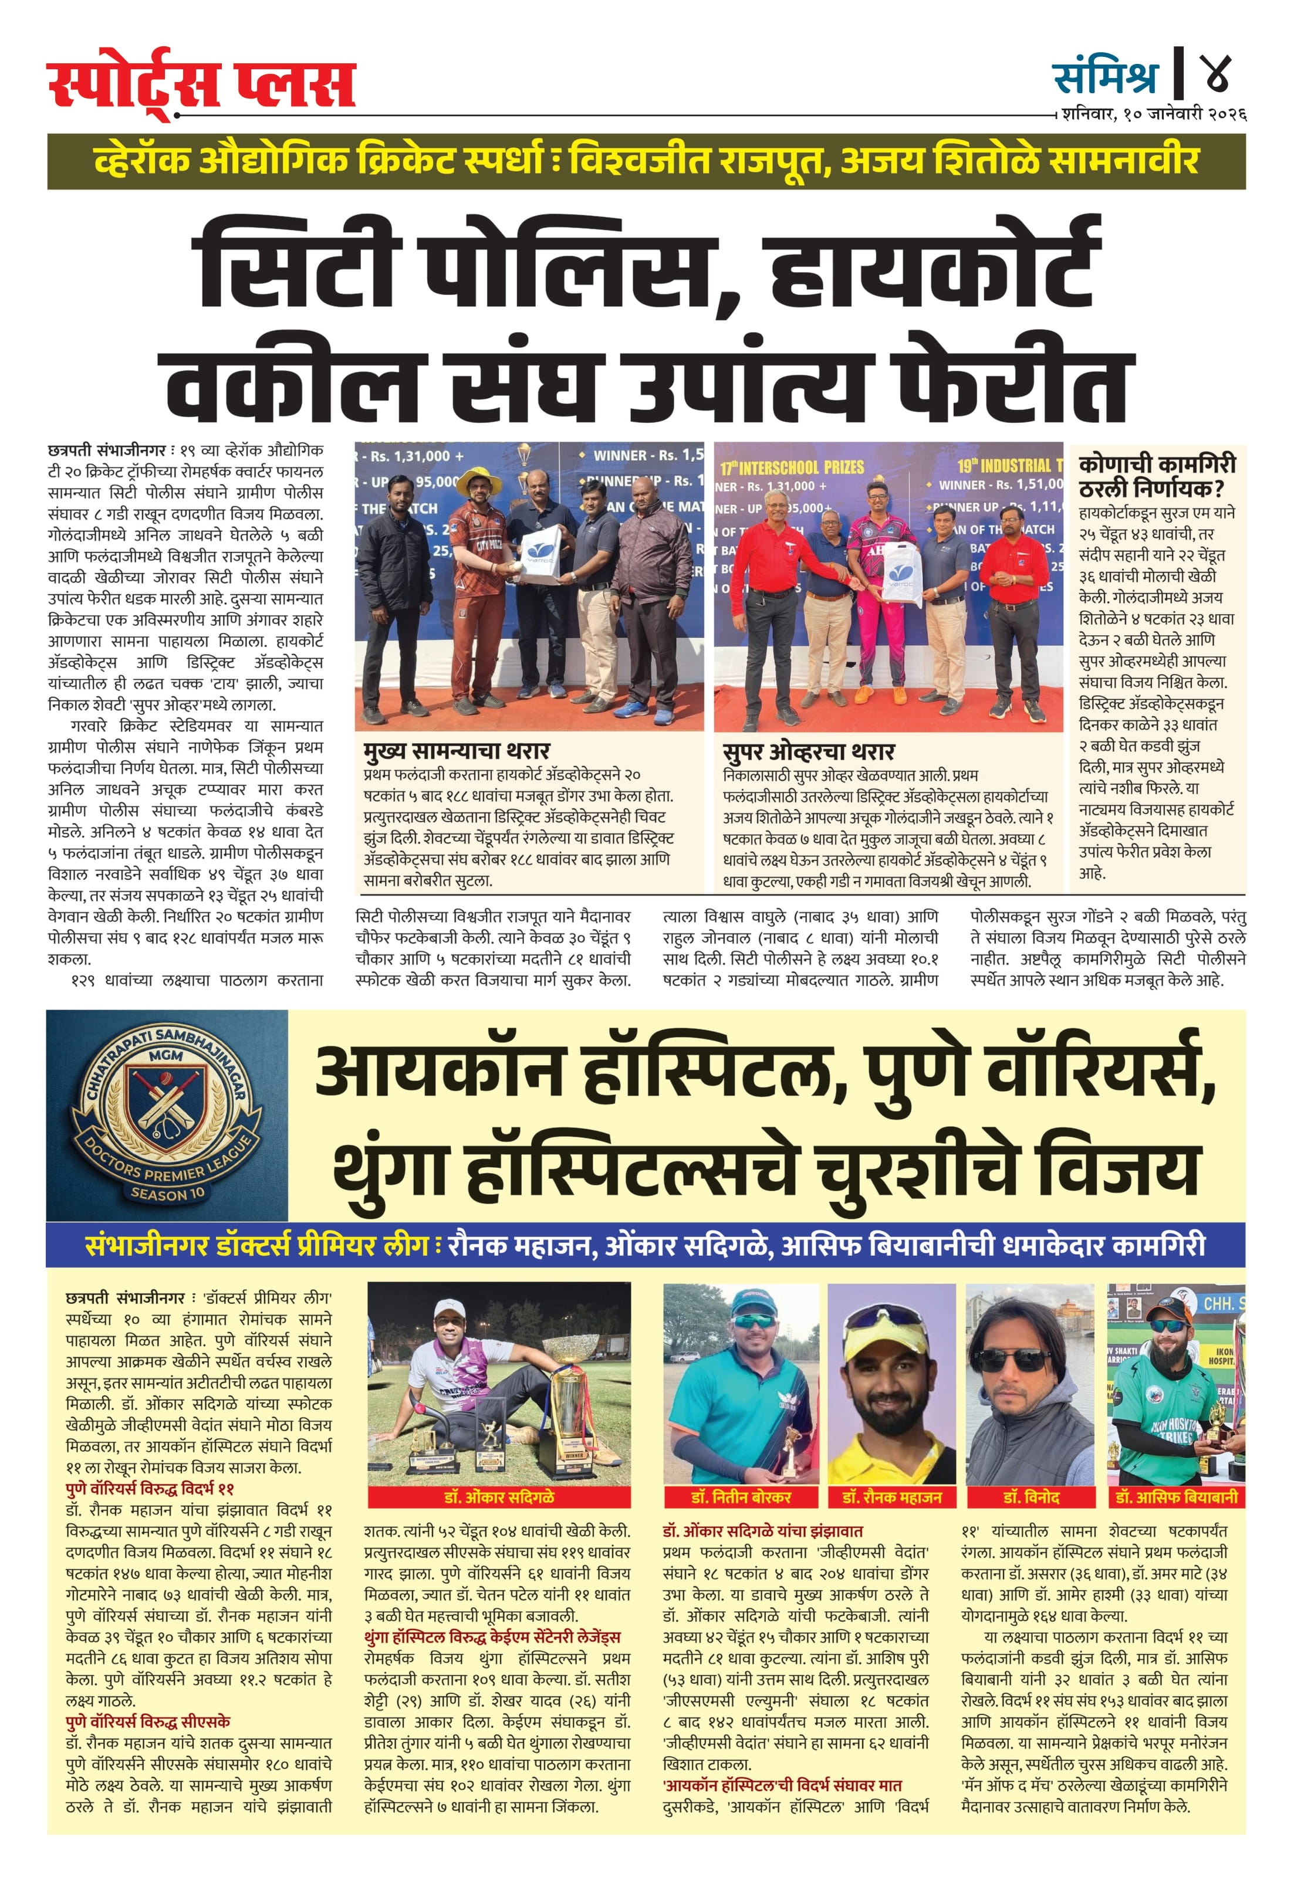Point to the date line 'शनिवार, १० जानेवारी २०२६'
point(1153,115)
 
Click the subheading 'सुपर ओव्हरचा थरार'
point(808,751)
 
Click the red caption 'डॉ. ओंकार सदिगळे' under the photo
point(499,1496)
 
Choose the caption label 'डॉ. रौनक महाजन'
point(891,1496)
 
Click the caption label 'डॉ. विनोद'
point(1031,1496)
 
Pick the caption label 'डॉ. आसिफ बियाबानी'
point(1176,1496)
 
